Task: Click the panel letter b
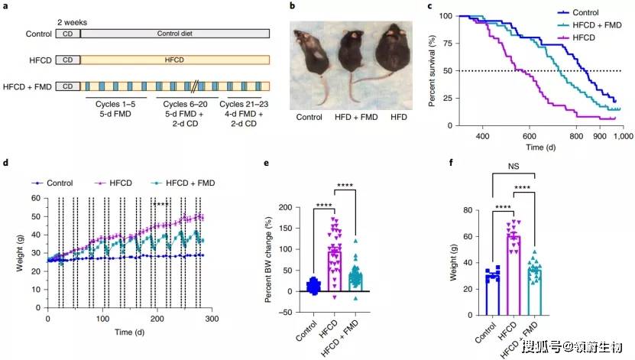tap(292, 6)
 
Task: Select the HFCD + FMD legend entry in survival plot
tap(590, 25)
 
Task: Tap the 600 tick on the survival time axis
tap(530, 136)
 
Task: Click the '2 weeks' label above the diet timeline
tap(72, 22)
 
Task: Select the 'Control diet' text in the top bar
tap(174, 34)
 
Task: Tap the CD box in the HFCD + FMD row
tap(68, 86)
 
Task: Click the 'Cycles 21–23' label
tap(244, 104)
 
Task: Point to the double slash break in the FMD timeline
tap(194, 86)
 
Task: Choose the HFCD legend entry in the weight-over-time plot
tap(113, 183)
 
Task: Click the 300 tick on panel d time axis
tap(212, 319)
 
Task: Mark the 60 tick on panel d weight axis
tap(36, 198)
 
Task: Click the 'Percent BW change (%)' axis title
tap(268, 260)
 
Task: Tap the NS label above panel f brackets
tap(514, 167)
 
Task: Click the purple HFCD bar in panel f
tap(514, 275)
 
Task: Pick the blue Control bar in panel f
tap(493, 295)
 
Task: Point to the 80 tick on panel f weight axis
tap(468, 210)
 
